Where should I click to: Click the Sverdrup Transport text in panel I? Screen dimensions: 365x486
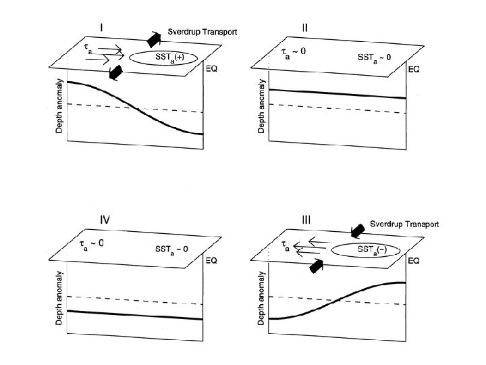pos(202,32)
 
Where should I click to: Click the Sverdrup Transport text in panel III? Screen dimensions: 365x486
pos(404,224)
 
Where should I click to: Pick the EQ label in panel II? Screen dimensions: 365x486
pos(414,70)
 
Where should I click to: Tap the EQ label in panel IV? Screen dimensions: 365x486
pos(211,260)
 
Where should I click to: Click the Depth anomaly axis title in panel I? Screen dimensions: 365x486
pos(59,105)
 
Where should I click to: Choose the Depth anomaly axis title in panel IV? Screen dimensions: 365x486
pos(59,297)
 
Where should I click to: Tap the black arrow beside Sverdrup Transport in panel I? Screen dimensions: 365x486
pos(155,39)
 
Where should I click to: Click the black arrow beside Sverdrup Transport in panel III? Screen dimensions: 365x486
pos(358,230)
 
